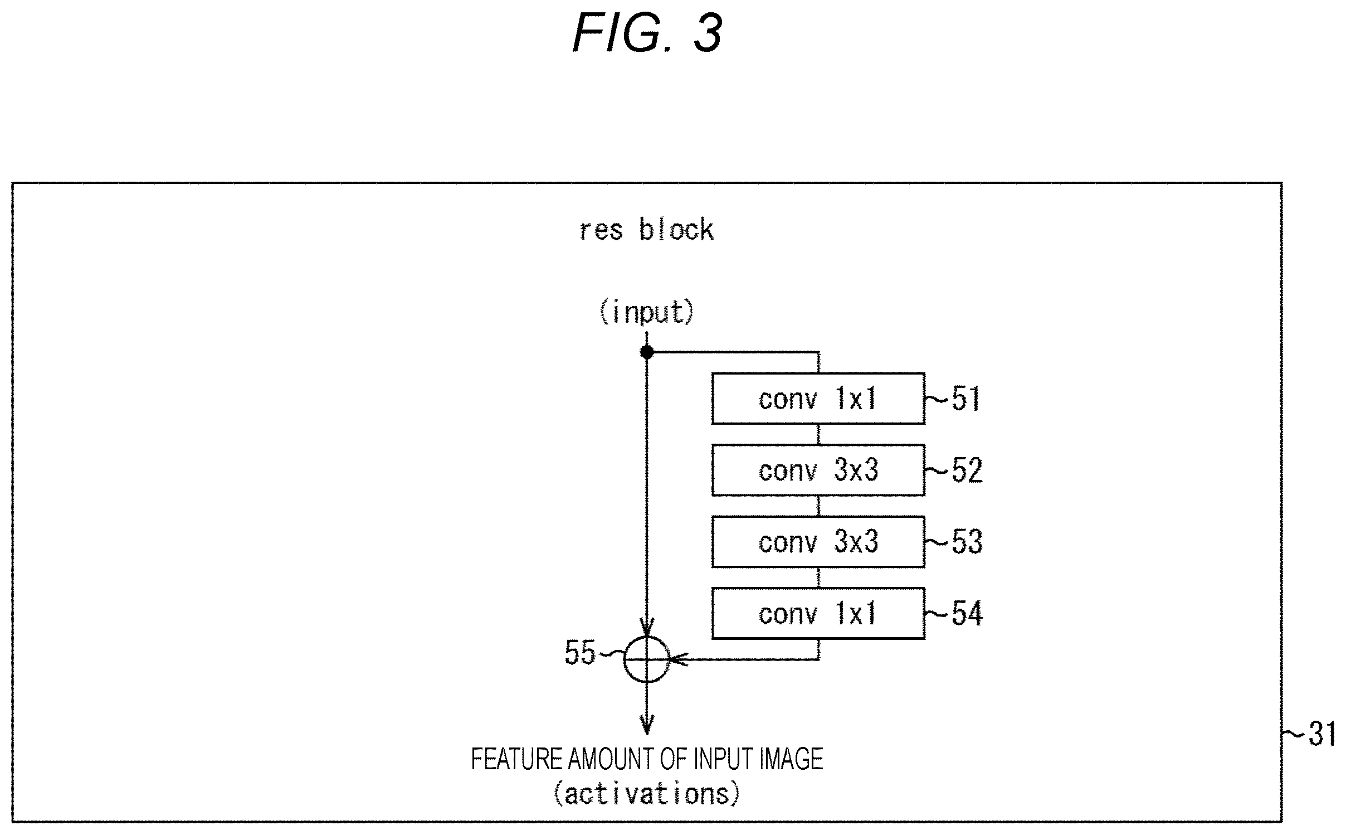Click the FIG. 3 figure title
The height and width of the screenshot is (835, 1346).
[x=648, y=33]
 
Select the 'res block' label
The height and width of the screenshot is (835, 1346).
[x=647, y=230]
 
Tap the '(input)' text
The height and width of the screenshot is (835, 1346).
[x=647, y=312]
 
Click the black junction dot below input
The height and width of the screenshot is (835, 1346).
[x=647, y=352]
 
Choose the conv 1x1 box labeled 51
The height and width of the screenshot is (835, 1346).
[x=818, y=399]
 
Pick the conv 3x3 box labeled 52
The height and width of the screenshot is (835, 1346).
[x=818, y=470]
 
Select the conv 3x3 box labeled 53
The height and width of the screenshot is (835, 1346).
[x=818, y=542]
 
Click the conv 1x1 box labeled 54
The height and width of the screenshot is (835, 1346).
[x=818, y=613]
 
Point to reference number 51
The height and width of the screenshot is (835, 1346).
[x=966, y=399]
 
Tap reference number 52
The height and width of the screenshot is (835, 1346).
[x=967, y=470]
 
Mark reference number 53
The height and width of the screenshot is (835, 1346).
[x=967, y=542]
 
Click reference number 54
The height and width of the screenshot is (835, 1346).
[x=967, y=613]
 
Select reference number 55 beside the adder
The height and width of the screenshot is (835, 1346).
[x=580, y=653]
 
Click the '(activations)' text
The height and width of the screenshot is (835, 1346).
[x=647, y=793]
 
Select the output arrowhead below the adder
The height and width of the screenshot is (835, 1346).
[x=647, y=725]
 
